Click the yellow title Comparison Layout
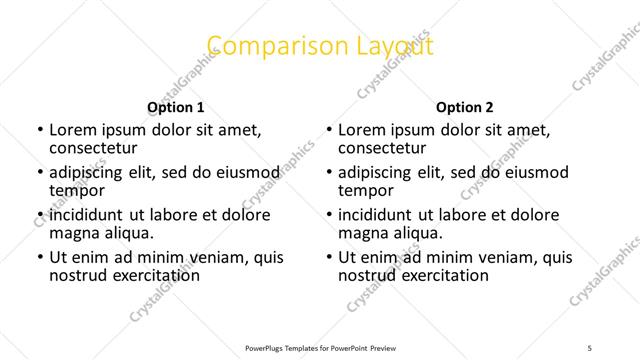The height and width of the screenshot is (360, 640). click(x=320, y=46)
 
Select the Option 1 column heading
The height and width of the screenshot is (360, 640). click(x=176, y=107)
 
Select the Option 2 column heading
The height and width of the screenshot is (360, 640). click(x=464, y=107)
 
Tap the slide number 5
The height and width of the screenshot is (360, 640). click(x=591, y=347)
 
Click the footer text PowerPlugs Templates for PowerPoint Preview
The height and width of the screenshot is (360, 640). click(x=319, y=347)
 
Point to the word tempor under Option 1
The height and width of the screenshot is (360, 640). click(x=76, y=190)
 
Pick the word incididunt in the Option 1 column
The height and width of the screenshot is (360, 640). click(x=86, y=215)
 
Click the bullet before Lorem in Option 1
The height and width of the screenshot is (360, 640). click(x=39, y=130)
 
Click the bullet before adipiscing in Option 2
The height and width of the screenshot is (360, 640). click(x=328, y=173)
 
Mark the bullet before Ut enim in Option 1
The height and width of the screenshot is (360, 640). click(x=39, y=257)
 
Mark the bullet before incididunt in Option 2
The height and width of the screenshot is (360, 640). click(x=328, y=215)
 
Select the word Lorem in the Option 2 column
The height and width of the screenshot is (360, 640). click(x=360, y=130)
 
